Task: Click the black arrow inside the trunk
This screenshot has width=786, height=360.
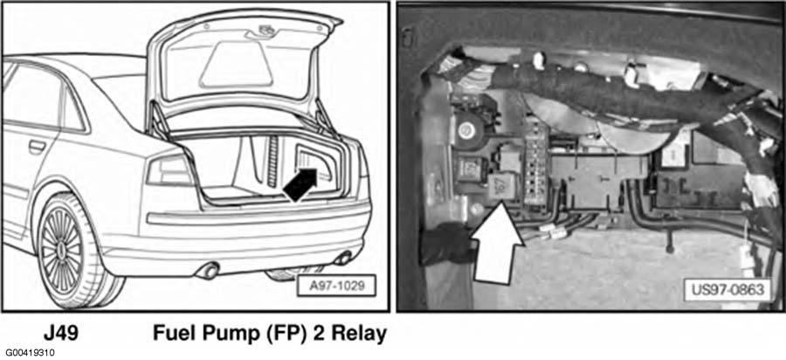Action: [300, 185]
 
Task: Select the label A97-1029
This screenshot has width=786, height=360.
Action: [336, 286]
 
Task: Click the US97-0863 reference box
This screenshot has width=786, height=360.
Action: [727, 290]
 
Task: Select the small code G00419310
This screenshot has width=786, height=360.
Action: [30, 353]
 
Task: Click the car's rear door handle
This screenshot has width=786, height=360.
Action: [37, 147]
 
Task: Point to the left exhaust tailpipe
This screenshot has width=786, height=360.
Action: [209, 270]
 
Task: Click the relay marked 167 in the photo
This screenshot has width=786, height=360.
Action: [503, 185]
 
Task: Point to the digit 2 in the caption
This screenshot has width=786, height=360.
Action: [317, 334]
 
